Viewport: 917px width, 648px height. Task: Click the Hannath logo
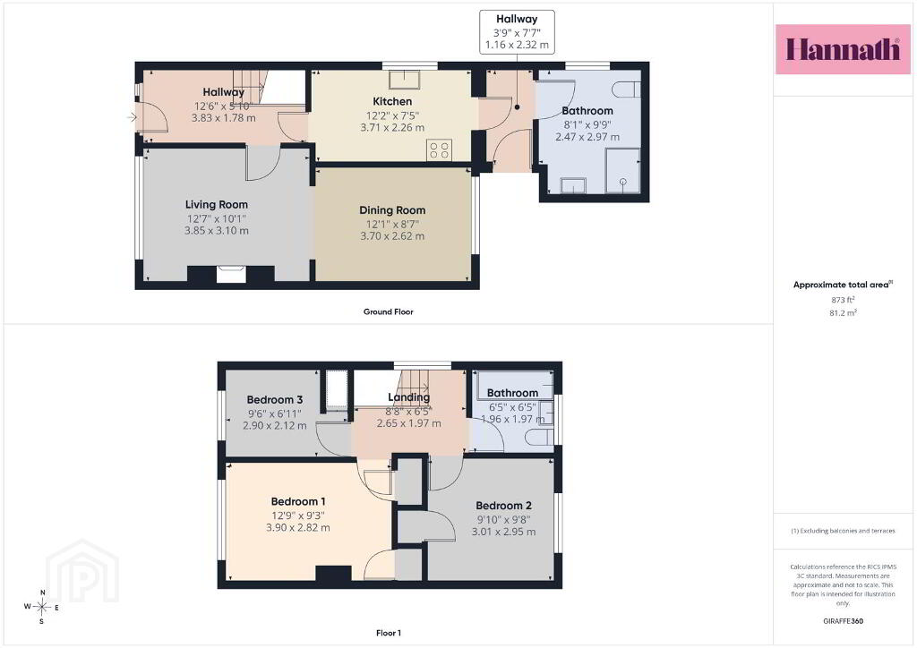843,49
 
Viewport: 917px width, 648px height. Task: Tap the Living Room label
217,204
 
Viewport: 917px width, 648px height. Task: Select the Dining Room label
392,210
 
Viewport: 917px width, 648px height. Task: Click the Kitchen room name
392,102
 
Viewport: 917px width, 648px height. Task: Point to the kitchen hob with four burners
439,149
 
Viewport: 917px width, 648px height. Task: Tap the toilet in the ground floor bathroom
626,90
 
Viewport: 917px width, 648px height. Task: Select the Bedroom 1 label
298,501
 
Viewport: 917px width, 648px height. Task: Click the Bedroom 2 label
503,506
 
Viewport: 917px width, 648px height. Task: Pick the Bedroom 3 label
275,400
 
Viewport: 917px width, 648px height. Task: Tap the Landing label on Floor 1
408,397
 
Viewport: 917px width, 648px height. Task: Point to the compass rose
41,607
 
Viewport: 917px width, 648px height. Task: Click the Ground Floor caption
389,312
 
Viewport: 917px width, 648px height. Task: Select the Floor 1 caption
389,633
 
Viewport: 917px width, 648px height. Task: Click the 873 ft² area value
843,300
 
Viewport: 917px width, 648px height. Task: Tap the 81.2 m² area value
843,313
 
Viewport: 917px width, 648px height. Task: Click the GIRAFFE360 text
843,621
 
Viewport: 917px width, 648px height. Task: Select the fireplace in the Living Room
231,274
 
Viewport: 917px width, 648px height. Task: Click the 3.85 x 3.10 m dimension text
217,231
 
